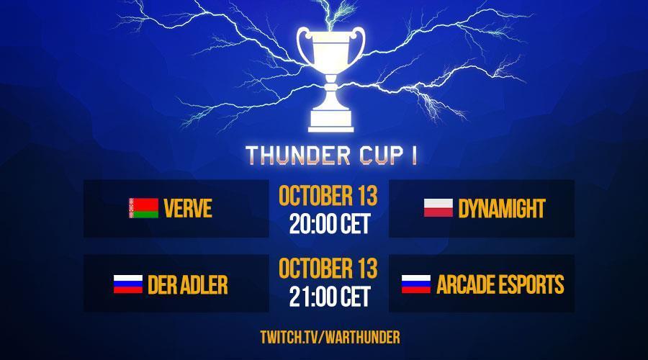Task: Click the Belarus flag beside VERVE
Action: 143,208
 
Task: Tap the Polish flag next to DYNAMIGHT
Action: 438,207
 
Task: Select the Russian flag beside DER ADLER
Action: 128,284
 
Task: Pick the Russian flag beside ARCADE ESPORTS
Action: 416,284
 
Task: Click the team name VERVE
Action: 188,208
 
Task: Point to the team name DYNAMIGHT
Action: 502,208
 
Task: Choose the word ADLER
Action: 204,285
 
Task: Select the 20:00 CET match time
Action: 329,224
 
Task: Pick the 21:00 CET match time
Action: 329,297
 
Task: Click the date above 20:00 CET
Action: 328,196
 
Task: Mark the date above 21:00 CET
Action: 328,269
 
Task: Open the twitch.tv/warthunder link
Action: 330,337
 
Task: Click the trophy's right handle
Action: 358,45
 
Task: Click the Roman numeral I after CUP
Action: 413,156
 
